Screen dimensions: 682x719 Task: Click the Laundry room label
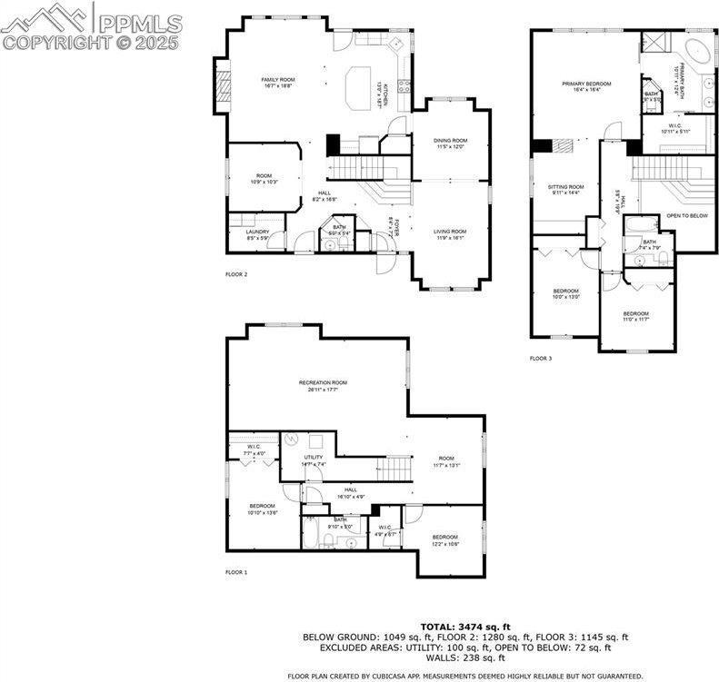click(258, 234)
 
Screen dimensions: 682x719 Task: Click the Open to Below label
click(686, 216)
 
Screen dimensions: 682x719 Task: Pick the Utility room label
click(314, 460)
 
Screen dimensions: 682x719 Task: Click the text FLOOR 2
click(236, 273)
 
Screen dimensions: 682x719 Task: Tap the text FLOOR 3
click(541, 359)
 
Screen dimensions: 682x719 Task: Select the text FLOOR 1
click(236, 572)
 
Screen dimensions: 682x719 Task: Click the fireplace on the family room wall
click(219, 85)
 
